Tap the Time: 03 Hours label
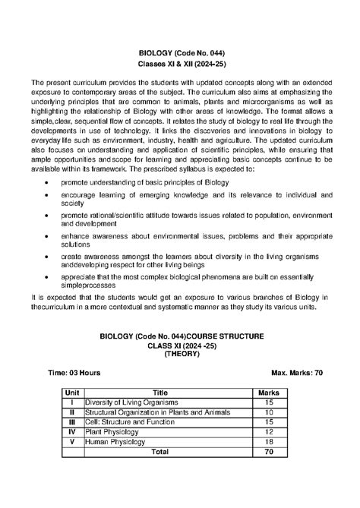[74, 373]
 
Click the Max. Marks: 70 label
[297, 373]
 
